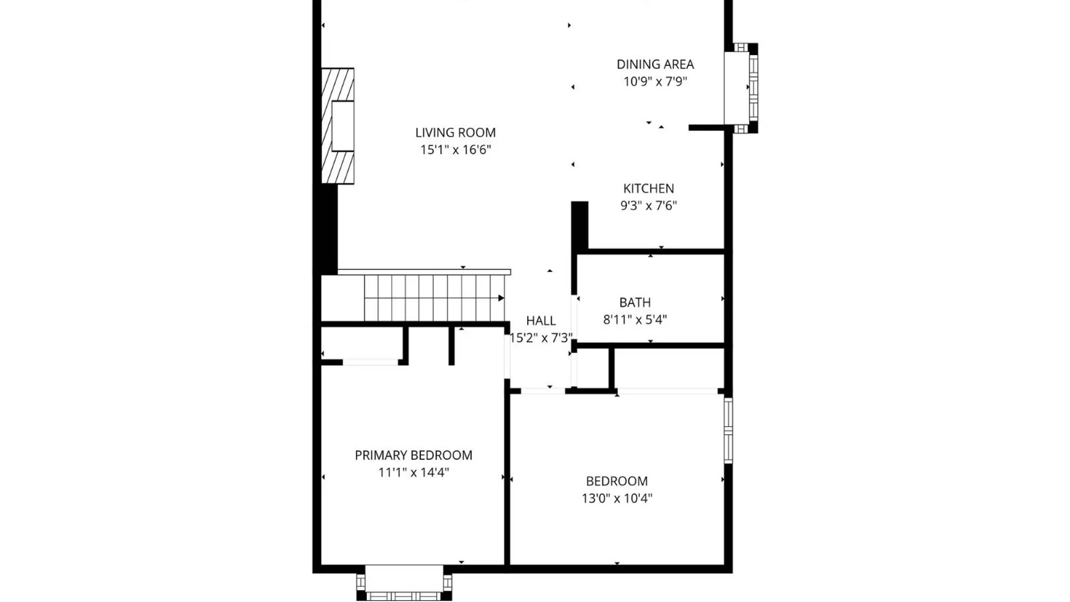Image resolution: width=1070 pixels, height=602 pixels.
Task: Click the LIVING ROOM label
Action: [455, 133]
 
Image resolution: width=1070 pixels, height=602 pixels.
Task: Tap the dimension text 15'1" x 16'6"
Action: [455, 149]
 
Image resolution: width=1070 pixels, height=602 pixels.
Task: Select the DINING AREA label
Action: [655, 64]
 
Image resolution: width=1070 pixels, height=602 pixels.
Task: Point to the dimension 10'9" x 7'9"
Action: [655, 81]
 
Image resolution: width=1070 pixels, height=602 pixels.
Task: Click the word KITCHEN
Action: [648, 188]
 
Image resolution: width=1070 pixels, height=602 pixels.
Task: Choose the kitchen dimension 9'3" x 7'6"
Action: [648, 206]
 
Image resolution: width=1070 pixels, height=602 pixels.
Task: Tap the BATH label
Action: [635, 303]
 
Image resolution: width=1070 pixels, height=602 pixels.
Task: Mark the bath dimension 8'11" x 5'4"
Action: [635, 319]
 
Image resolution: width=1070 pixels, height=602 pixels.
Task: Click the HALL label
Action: [541, 321]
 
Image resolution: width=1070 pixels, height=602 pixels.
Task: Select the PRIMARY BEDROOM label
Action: [413, 455]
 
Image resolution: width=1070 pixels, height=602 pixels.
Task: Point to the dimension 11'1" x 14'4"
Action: [413, 472]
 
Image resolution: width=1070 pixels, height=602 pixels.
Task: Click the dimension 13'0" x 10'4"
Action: [616, 498]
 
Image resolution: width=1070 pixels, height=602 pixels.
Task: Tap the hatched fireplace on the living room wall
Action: [338, 126]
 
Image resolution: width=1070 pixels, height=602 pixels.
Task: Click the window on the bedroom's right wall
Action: [728, 430]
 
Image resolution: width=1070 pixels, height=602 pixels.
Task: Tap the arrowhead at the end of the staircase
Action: [501, 298]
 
